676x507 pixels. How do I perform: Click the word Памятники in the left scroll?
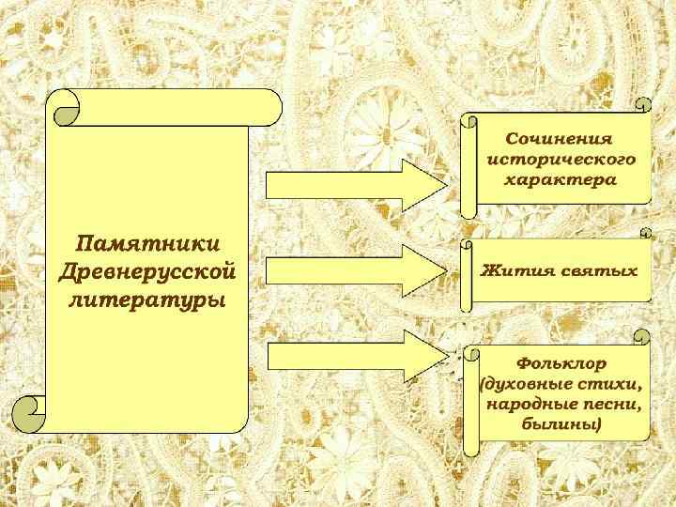(148, 244)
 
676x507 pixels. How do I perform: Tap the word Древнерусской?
(147, 272)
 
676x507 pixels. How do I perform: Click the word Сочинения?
(560, 139)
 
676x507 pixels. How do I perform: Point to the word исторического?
(561, 159)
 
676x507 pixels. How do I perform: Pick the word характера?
(561, 178)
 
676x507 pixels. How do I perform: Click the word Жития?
(513, 270)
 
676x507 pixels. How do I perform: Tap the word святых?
(599, 270)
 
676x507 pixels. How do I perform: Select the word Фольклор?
(561, 362)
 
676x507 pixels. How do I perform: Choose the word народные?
(533, 405)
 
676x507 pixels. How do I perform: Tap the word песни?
(612, 405)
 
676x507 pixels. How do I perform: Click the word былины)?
(561, 424)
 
